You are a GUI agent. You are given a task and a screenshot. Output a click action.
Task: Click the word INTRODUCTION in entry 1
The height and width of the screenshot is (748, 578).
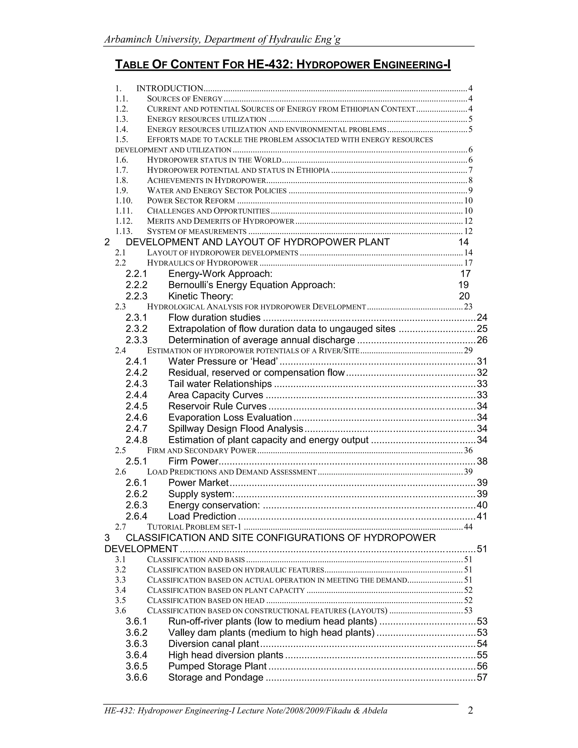tap(170, 89)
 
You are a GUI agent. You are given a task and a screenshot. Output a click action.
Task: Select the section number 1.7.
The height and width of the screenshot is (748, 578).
tap(122, 170)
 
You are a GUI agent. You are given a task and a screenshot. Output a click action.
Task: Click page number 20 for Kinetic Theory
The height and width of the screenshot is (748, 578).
tap(464, 296)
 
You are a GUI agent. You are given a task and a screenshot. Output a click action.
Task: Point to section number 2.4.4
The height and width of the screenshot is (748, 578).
tap(136, 395)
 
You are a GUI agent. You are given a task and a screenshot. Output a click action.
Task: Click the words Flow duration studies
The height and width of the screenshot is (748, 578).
tap(214, 318)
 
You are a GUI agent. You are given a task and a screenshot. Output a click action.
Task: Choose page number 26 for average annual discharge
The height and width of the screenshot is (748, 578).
tap(482, 340)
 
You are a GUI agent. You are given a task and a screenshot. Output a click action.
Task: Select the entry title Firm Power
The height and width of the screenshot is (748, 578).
tap(193, 461)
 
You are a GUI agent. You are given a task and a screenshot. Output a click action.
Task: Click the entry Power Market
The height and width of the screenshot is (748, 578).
tap(198, 483)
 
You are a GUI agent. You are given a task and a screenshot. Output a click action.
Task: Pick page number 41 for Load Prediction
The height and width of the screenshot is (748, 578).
tap(482, 517)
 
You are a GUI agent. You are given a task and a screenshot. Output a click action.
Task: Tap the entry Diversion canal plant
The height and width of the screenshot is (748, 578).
tap(213, 644)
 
